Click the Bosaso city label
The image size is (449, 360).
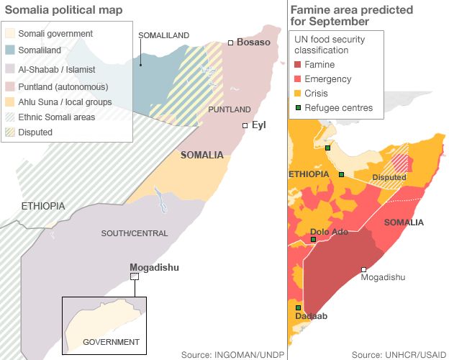[x=253, y=42]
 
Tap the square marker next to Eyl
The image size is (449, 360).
[x=245, y=125]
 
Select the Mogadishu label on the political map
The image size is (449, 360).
[x=154, y=267]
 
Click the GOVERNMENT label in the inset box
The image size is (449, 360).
[x=111, y=341]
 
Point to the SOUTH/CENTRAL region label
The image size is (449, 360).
[x=134, y=233]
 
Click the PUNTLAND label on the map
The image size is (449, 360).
[x=229, y=109]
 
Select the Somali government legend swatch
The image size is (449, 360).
[x=10, y=34]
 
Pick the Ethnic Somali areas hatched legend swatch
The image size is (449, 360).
[x=10, y=117]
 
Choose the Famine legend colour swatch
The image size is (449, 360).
[x=299, y=65]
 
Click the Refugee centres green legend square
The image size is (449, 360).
[x=299, y=108]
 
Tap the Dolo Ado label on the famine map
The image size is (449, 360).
[x=329, y=232]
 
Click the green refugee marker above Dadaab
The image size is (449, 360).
[x=298, y=307]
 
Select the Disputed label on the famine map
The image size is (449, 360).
[x=389, y=178]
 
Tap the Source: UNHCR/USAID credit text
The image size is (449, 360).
[x=400, y=354]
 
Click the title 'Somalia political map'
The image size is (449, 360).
[x=63, y=9]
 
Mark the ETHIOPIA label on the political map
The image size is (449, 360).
[x=43, y=206]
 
